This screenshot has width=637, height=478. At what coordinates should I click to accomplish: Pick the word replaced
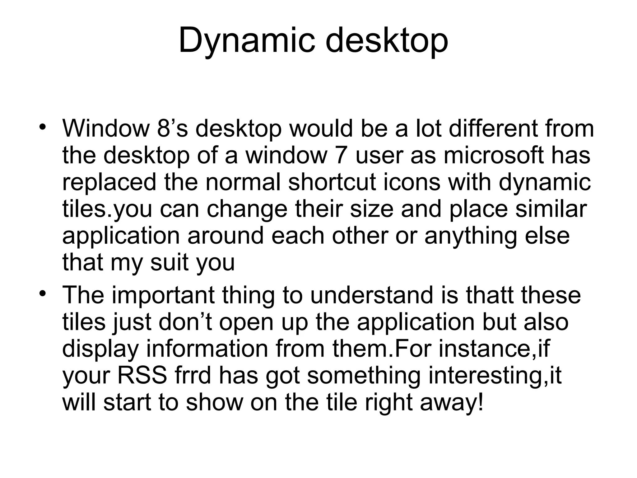point(109,182)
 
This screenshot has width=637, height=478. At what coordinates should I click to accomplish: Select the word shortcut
point(332,182)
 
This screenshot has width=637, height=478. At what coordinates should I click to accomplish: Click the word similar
point(551,209)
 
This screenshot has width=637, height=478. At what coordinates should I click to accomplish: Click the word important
point(163,295)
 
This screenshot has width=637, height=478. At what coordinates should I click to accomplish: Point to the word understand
point(372,295)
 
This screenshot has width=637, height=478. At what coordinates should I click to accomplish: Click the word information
point(207,349)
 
